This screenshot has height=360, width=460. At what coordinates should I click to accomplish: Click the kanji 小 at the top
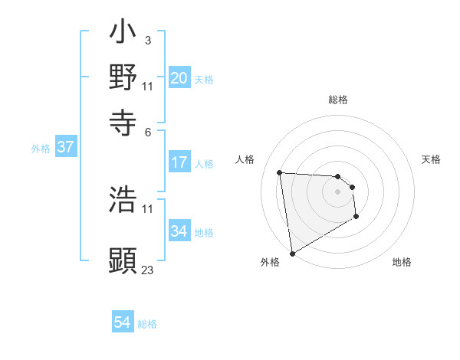click(123, 34)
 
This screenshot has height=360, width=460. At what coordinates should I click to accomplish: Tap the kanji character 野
click(123, 77)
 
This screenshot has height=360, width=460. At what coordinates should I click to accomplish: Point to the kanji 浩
click(123, 201)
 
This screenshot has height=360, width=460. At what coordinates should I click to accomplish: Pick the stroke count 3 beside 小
click(147, 39)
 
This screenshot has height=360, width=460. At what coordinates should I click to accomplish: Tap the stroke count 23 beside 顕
click(147, 270)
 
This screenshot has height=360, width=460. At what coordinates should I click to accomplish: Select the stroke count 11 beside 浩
click(147, 208)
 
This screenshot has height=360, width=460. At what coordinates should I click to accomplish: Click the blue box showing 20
click(179, 78)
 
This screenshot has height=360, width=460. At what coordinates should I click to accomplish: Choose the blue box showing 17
click(179, 162)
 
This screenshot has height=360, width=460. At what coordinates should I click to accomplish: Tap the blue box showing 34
click(179, 231)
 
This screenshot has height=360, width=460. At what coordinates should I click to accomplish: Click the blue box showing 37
click(65, 148)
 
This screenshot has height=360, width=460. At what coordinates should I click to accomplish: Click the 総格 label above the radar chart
click(337, 100)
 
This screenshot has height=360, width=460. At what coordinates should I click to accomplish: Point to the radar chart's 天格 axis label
click(431, 159)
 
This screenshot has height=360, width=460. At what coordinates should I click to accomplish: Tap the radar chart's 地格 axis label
click(402, 262)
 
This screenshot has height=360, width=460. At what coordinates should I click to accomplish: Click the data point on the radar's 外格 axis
click(292, 254)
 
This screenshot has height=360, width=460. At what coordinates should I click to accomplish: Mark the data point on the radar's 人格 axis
click(280, 172)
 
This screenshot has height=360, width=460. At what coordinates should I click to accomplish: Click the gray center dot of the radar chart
click(337, 191)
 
